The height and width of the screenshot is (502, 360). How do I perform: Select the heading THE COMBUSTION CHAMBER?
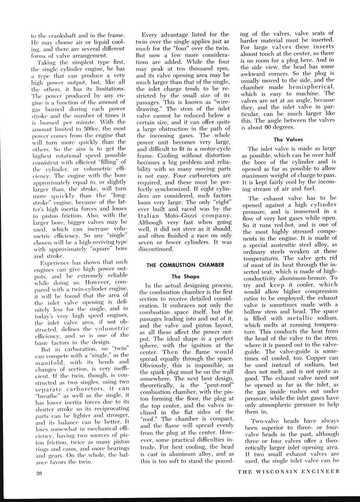click(x=185, y=265)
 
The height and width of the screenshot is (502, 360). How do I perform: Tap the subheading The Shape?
click(x=185, y=276)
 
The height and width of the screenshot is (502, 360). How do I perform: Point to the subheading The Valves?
click(x=284, y=139)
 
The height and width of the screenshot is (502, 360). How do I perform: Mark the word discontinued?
click(x=157, y=249)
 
